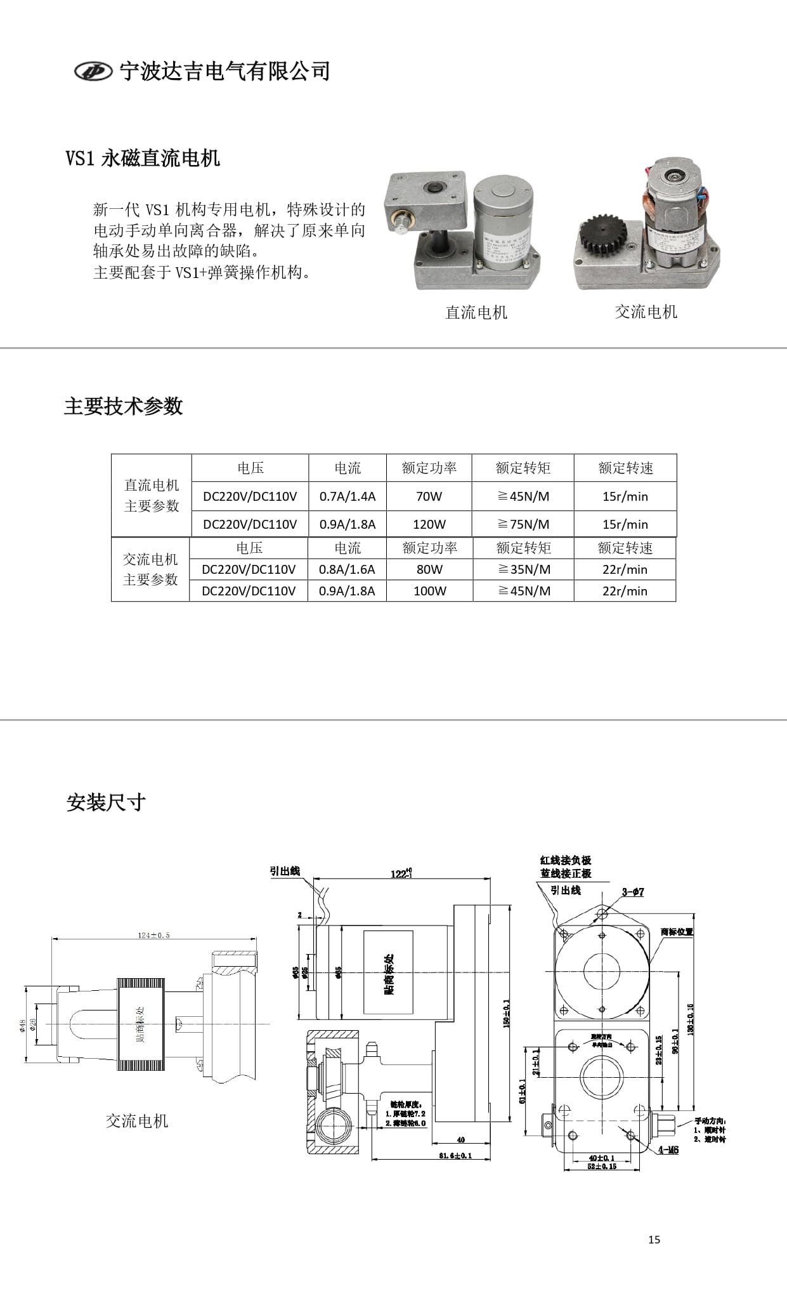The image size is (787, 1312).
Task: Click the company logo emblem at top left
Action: click(93, 71)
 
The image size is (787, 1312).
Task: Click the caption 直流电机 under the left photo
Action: click(476, 312)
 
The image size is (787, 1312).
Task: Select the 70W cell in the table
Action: click(429, 496)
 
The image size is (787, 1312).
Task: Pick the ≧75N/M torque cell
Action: click(523, 524)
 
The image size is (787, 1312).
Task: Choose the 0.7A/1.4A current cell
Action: click(348, 496)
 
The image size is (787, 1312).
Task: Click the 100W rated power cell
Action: click(429, 591)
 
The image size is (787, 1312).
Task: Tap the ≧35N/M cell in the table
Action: click(524, 569)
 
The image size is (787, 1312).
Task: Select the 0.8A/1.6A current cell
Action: click(347, 569)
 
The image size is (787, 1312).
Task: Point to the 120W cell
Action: click(429, 524)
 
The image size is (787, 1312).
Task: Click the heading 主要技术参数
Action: click(124, 406)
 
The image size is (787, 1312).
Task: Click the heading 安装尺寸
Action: click(106, 802)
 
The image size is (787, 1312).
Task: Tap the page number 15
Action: click(654, 1239)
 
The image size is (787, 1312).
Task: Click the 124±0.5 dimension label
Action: click(154, 935)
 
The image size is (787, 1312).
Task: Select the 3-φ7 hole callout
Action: click(632, 892)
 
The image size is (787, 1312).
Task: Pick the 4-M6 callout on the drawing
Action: click(668, 1150)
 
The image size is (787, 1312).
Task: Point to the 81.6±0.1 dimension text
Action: click(455, 1155)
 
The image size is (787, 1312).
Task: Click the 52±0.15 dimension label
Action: click(602, 1166)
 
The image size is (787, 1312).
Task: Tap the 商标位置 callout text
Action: click(677, 932)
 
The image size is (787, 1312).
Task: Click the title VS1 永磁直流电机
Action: click(143, 158)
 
